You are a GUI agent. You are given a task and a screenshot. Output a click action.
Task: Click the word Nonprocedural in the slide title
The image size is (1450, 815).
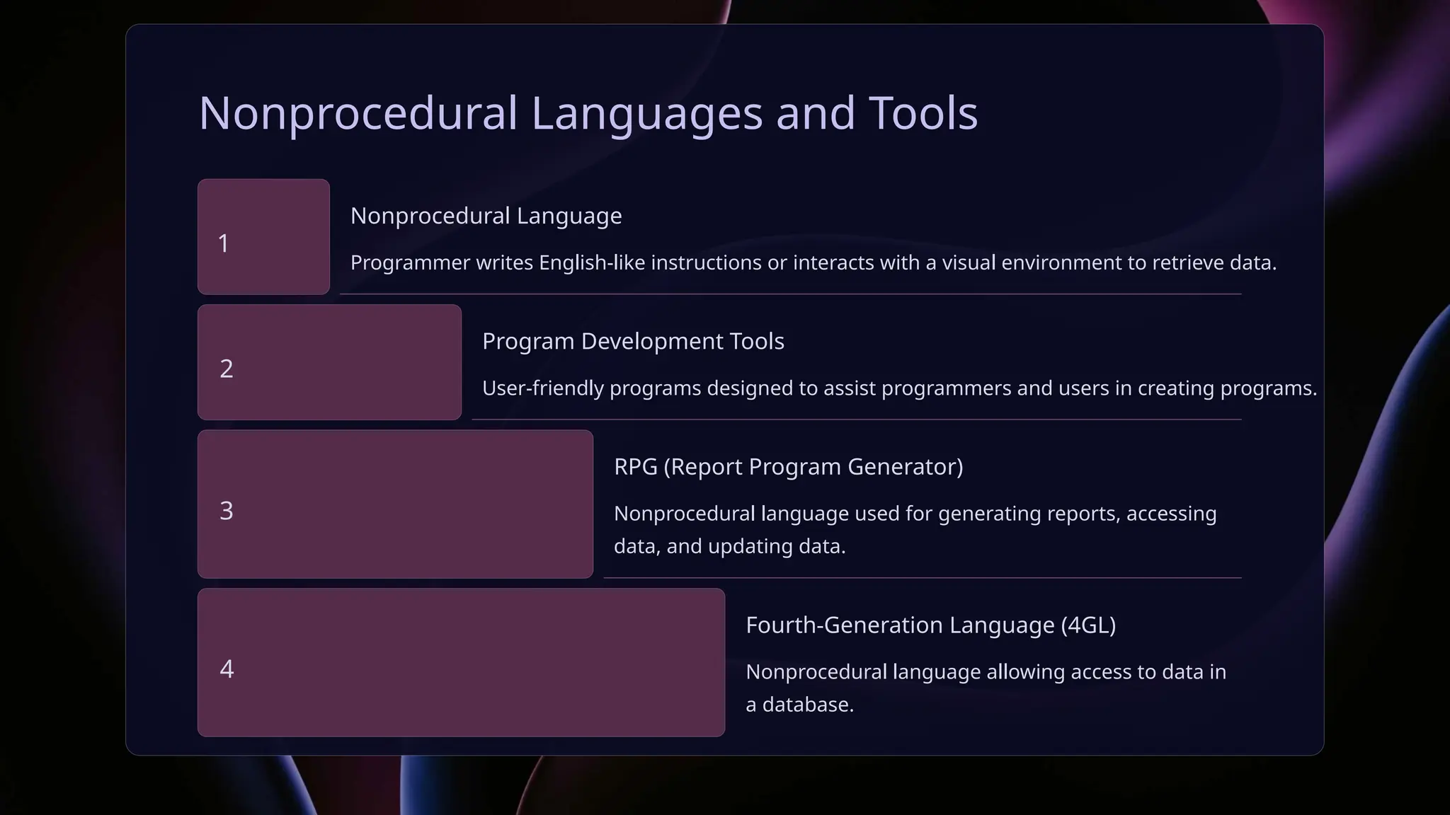coord(358,113)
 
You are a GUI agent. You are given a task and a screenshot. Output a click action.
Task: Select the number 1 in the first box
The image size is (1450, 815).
coord(224,243)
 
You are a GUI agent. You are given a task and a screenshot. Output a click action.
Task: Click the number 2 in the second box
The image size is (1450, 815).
coord(227,369)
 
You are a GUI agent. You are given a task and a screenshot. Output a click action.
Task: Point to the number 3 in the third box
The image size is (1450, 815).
coord(227,511)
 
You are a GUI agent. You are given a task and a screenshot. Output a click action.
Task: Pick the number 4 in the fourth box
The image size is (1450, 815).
coord(227,669)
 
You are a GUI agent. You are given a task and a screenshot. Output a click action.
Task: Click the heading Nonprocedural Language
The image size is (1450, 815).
coord(486,216)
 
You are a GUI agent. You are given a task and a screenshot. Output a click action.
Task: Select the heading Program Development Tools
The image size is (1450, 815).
coord(633,341)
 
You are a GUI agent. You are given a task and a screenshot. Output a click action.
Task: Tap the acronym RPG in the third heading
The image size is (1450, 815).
coord(635,467)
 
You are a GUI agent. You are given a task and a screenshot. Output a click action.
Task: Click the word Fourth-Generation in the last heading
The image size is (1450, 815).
coord(844,625)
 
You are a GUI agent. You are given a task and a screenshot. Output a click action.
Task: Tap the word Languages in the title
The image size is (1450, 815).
coord(646,113)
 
